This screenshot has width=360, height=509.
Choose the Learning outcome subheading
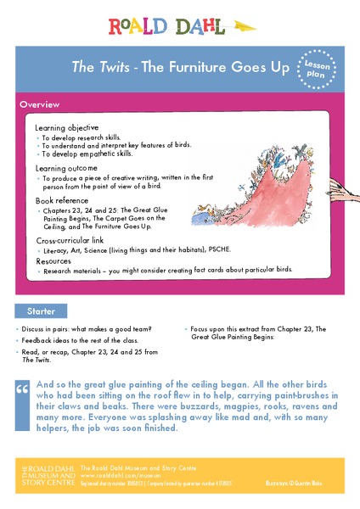click(69, 169)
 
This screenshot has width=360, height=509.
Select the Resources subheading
click(53, 262)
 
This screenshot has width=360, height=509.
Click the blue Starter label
click(42, 311)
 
